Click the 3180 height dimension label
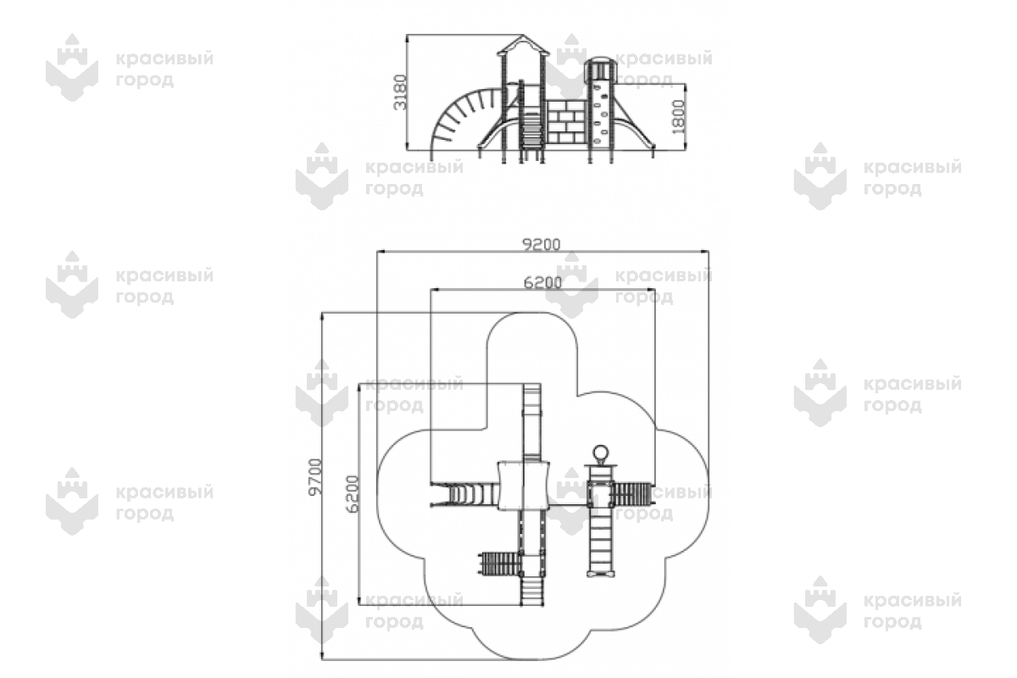click(x=401, y=92)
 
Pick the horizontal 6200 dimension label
click(x=543, y=283)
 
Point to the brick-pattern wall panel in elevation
click(x=564, y=122)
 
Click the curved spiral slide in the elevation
click(x=458, y=119)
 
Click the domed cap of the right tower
click(x=599, y=64)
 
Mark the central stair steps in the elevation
click(x=531, y=131)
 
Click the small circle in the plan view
click(x=600, y=452)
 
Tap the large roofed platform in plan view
click(x=522, y=484)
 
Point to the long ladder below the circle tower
click(x=600, y=542)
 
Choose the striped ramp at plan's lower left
click(x=498, y=562)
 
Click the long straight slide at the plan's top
click(x=531, y=420)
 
